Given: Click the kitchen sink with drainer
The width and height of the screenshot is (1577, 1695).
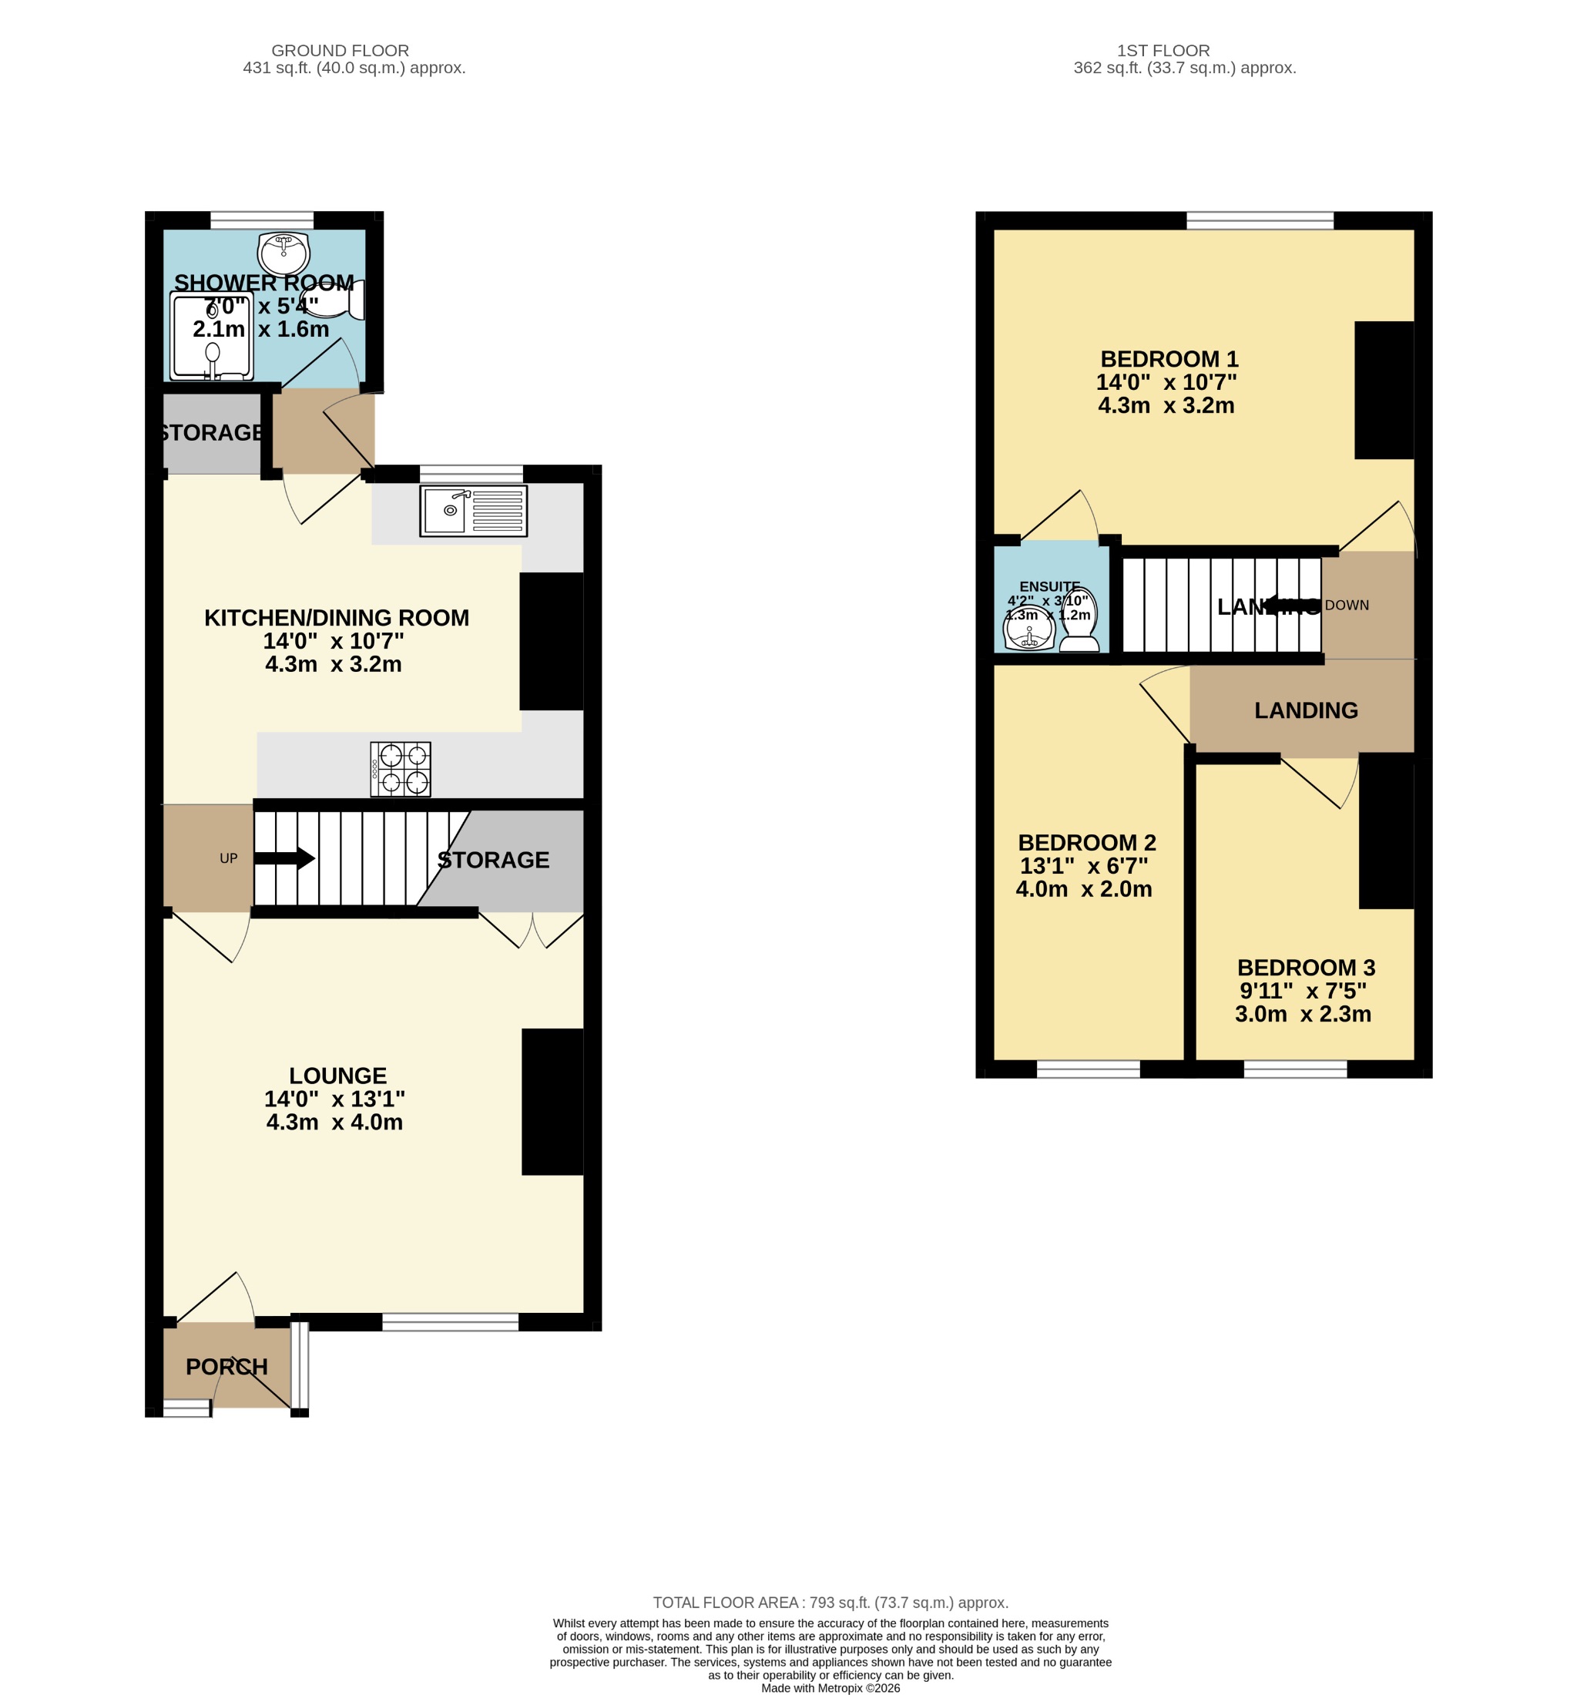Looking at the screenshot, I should (473, 511).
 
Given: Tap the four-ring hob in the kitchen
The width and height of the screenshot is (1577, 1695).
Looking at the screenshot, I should (400, 769).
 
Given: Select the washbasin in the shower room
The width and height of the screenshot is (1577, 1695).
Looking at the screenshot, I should (283, 250).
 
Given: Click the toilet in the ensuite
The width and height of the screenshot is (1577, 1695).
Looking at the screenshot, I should (1079, 620).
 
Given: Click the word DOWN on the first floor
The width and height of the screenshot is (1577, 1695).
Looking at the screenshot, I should (1346, 606).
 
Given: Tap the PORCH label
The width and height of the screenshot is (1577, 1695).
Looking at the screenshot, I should (226, 1367).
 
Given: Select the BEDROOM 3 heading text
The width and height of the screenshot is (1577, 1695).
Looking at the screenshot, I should (1305, 968).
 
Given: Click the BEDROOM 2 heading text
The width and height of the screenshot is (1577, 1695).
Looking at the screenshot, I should (1086, 842).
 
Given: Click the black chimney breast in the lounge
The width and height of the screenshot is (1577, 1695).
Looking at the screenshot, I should (552, 1102).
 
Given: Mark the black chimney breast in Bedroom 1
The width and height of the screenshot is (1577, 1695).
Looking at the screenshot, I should (1384, 390).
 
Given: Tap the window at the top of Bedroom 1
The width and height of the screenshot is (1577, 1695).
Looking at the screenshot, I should (1259, 221).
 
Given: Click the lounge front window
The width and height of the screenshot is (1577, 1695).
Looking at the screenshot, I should (450, 1321).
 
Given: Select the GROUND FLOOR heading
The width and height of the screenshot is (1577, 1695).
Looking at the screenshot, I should (340, 50).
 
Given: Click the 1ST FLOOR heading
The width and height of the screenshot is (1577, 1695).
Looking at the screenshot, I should (1163, 50).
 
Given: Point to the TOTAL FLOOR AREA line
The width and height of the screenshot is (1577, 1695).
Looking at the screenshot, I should (830, 1602).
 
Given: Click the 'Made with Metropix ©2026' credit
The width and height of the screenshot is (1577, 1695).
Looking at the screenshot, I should (830, 1687).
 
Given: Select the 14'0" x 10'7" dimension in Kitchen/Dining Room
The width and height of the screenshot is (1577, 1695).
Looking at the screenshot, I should (334, 640).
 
